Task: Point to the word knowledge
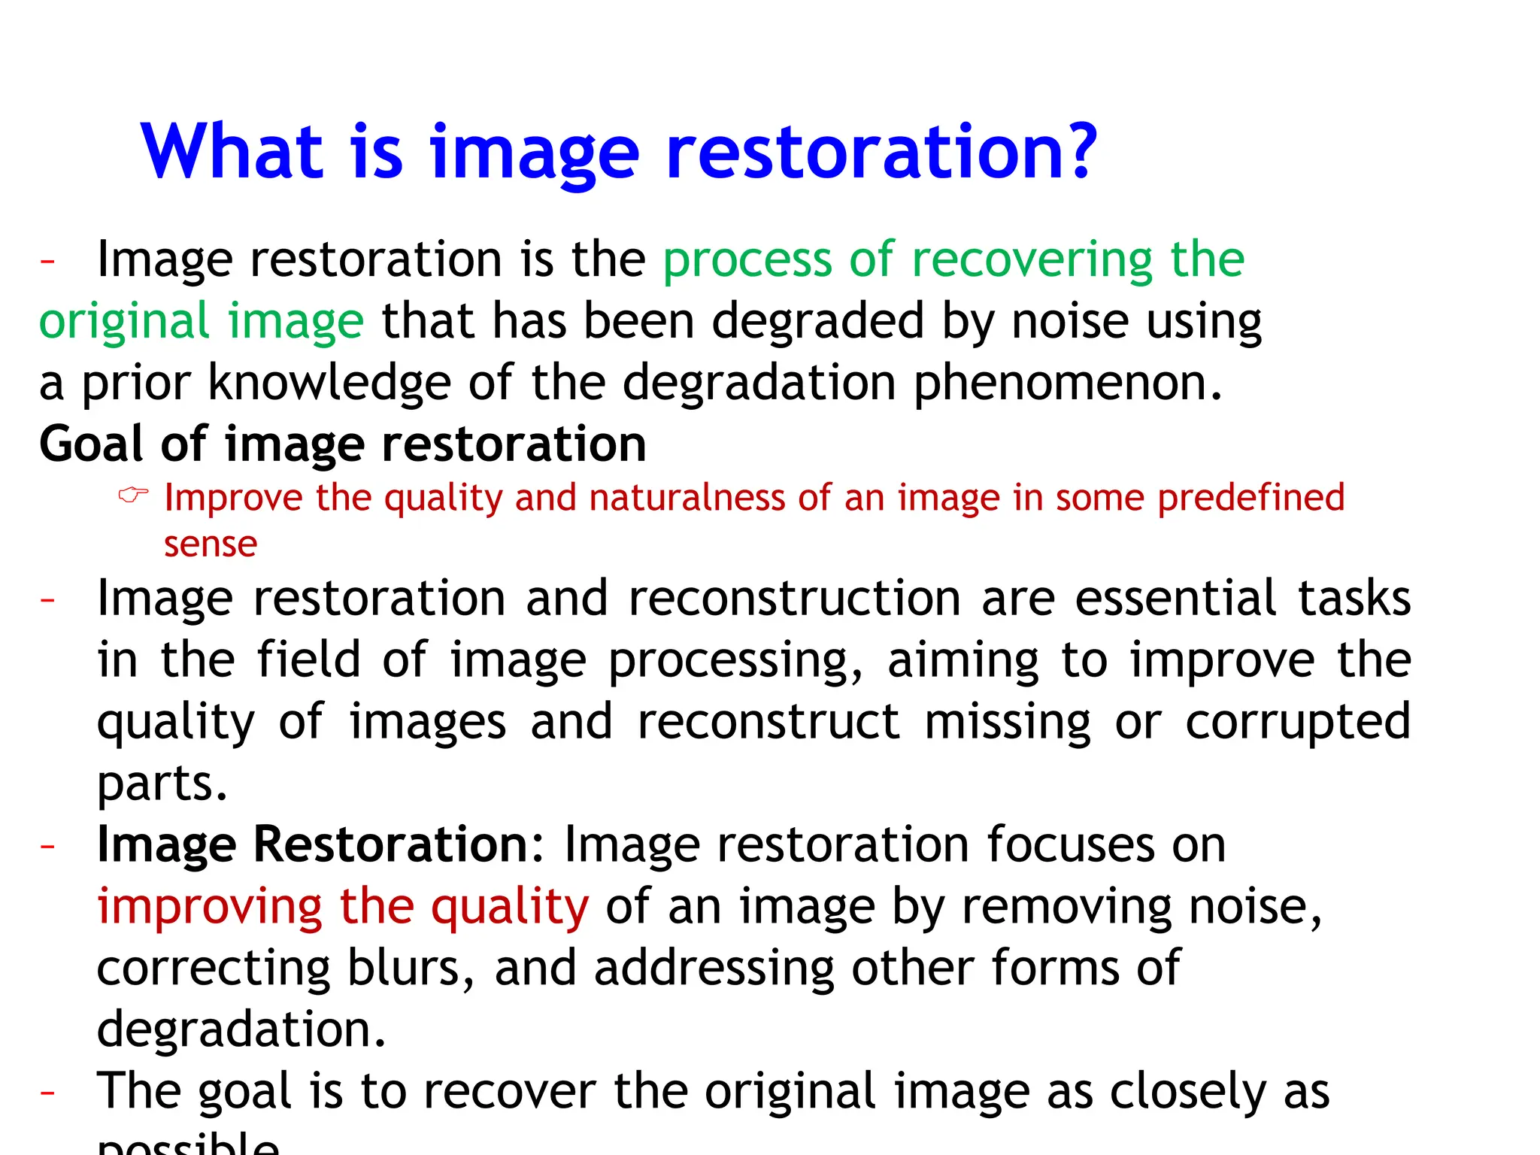coord(329,383)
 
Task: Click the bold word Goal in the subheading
coord(91,444)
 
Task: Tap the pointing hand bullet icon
coord(134,495)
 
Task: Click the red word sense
coord(211,544)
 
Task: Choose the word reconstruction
coord(795,599)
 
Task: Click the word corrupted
coord(1298,722)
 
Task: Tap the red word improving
coord(210,907)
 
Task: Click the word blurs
coord(403,968)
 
